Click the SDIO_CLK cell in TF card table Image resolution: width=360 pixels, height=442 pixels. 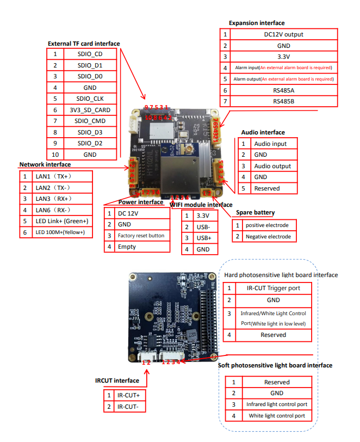click(x=90, y=99)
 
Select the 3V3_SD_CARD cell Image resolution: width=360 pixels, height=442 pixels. click(x=90, y=110)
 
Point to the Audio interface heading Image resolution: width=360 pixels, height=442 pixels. click(x=263, y=132)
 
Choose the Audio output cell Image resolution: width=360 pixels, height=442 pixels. click(x=272, y=166)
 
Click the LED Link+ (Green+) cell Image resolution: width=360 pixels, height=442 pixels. click(x=61, y=221)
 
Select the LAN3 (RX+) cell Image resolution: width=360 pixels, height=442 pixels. click(x=54, y=199)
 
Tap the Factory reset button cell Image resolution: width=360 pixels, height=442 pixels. click(x=141, y=236)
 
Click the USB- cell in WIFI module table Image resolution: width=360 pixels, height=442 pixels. click(x=204, y=226)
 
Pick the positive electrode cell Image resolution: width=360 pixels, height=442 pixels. click(x=270, y=225)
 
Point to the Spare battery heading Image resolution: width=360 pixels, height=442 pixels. click(x=255, y=212)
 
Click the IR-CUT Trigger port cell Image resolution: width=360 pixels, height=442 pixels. click(x=273, y=287)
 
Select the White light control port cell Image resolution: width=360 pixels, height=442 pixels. click(x=277, y=416)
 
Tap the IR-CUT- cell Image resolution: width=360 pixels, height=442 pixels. click(x=131, y=407)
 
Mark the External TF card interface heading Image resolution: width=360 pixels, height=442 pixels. click(x=84, y=44)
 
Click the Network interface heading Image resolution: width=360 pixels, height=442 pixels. click(x=45, y=164)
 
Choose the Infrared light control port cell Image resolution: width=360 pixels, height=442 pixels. click(x=277, y=404)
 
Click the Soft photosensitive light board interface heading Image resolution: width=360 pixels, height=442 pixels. click(x=275, y=365)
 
